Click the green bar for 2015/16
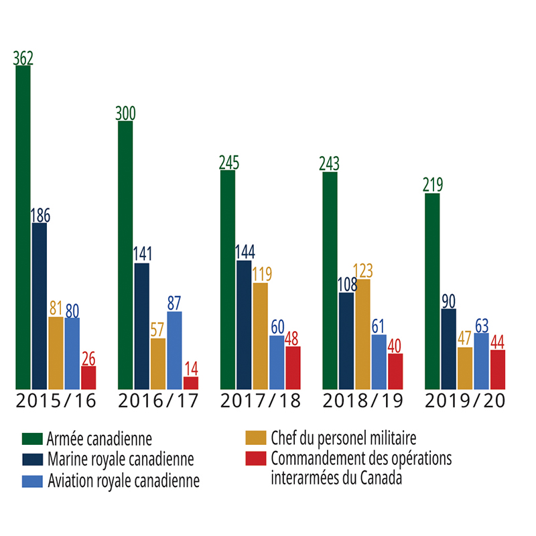23,228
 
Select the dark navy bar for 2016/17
141,326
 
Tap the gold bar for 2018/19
362,334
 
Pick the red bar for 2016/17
191,383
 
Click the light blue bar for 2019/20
481,361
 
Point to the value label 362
23,58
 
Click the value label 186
40,216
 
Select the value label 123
362,271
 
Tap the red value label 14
191,368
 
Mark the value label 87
174,303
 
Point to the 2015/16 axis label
56,401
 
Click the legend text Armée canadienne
99,440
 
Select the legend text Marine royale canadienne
121,460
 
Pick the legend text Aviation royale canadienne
123,482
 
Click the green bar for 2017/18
227,279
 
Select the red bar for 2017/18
293,367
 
